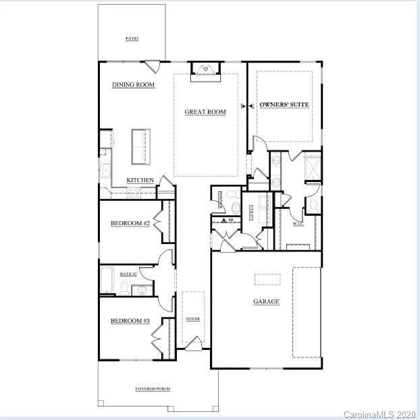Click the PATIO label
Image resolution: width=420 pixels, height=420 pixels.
coord(132,39)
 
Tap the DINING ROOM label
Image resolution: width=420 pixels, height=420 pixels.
coord(133,85)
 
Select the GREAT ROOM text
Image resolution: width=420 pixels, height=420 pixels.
coord(205,112)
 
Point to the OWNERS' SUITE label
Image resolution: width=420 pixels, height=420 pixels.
coord(284,105)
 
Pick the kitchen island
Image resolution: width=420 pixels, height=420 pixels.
coord(140,146)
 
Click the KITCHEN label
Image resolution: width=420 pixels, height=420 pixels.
coord(140,181)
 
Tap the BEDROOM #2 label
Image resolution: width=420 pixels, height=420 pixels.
coord(130,223)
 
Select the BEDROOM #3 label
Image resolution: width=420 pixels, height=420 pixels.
coord(130,321)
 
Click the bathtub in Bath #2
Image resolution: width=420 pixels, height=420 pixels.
coord(107,281)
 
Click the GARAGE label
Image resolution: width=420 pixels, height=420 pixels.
coord(266,301)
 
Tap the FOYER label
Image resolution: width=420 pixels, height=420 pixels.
coord(192,318)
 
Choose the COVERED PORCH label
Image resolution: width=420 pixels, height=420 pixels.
coord(153,389)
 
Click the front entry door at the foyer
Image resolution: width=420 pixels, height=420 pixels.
coord(193,345)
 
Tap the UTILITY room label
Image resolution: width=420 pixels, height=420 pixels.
coord(251,213)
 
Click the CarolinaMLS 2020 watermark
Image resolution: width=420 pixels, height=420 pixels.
coord(380,413)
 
